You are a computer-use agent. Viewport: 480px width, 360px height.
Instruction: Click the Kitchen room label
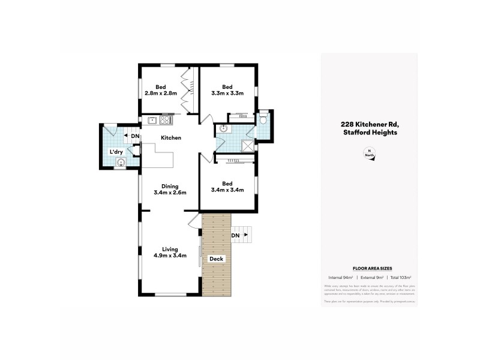pos(170,138)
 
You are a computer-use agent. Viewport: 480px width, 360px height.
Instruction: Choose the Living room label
pos(170,248)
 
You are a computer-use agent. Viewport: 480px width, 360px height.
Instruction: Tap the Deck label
pos(217,259)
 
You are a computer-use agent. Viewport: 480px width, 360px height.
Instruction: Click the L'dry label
pos(116,152)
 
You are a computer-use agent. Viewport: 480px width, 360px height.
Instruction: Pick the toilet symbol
pos(263,119)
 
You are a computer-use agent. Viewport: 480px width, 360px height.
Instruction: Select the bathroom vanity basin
pos(223,128)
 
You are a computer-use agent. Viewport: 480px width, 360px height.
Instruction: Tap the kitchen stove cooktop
pos(165,120)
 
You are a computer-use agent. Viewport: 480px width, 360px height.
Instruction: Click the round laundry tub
pos(121,162)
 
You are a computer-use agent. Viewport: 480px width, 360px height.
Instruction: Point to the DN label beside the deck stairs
pos(235,235)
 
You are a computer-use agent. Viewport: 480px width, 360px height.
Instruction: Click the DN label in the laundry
pos(135,136)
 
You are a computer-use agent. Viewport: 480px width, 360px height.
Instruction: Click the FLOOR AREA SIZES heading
pos(369,268)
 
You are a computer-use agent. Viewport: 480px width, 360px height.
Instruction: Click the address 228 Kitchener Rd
pos(369,124)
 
